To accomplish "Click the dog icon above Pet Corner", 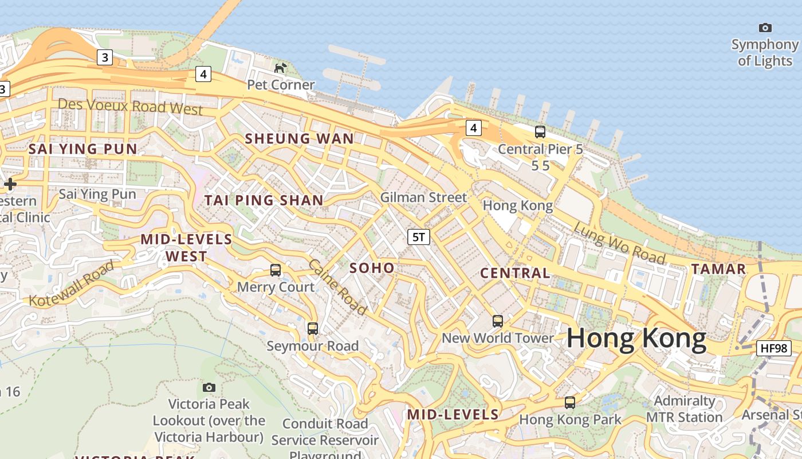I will pyautogui.click(x=280, y=68).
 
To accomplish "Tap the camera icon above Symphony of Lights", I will pyautogui.click(x=765, y=28).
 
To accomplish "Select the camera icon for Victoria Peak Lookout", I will pyautogui.click(x=209, y=388).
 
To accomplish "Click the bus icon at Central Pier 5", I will pyautogui.click(x=540, y=132).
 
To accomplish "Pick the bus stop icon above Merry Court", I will pyautogui.click(x=276, y=270).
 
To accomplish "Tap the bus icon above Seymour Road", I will pyautogui.click(x=312, y=329).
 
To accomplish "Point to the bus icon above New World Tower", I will pyautogui.click(x=498, y=321).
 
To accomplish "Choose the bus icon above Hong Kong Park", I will pyautogui.click(x=569, y=403).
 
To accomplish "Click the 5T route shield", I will pyautogui.click(x=419, y=237).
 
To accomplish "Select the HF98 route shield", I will pyautogui.click(x=773, y=348).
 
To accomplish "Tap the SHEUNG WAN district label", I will pyautogui.click(x=300, y=138).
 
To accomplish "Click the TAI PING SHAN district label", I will pyautogui.click(x=264, y=200).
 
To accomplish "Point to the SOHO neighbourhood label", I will pyautogui.click(x=372, y=268).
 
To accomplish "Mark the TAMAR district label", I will pyautogui.click(x=718, y=269).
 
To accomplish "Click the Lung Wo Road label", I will pyautogui.click(x=619, y=243).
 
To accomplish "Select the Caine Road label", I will pyautogui.click(x=337, y=287).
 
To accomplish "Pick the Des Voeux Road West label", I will pyautogui.click(x=131, y=106).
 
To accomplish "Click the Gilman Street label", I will pyautogui.click(x=423, y=197).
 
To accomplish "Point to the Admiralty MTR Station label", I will pyautogui.click(x=684, y=409).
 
